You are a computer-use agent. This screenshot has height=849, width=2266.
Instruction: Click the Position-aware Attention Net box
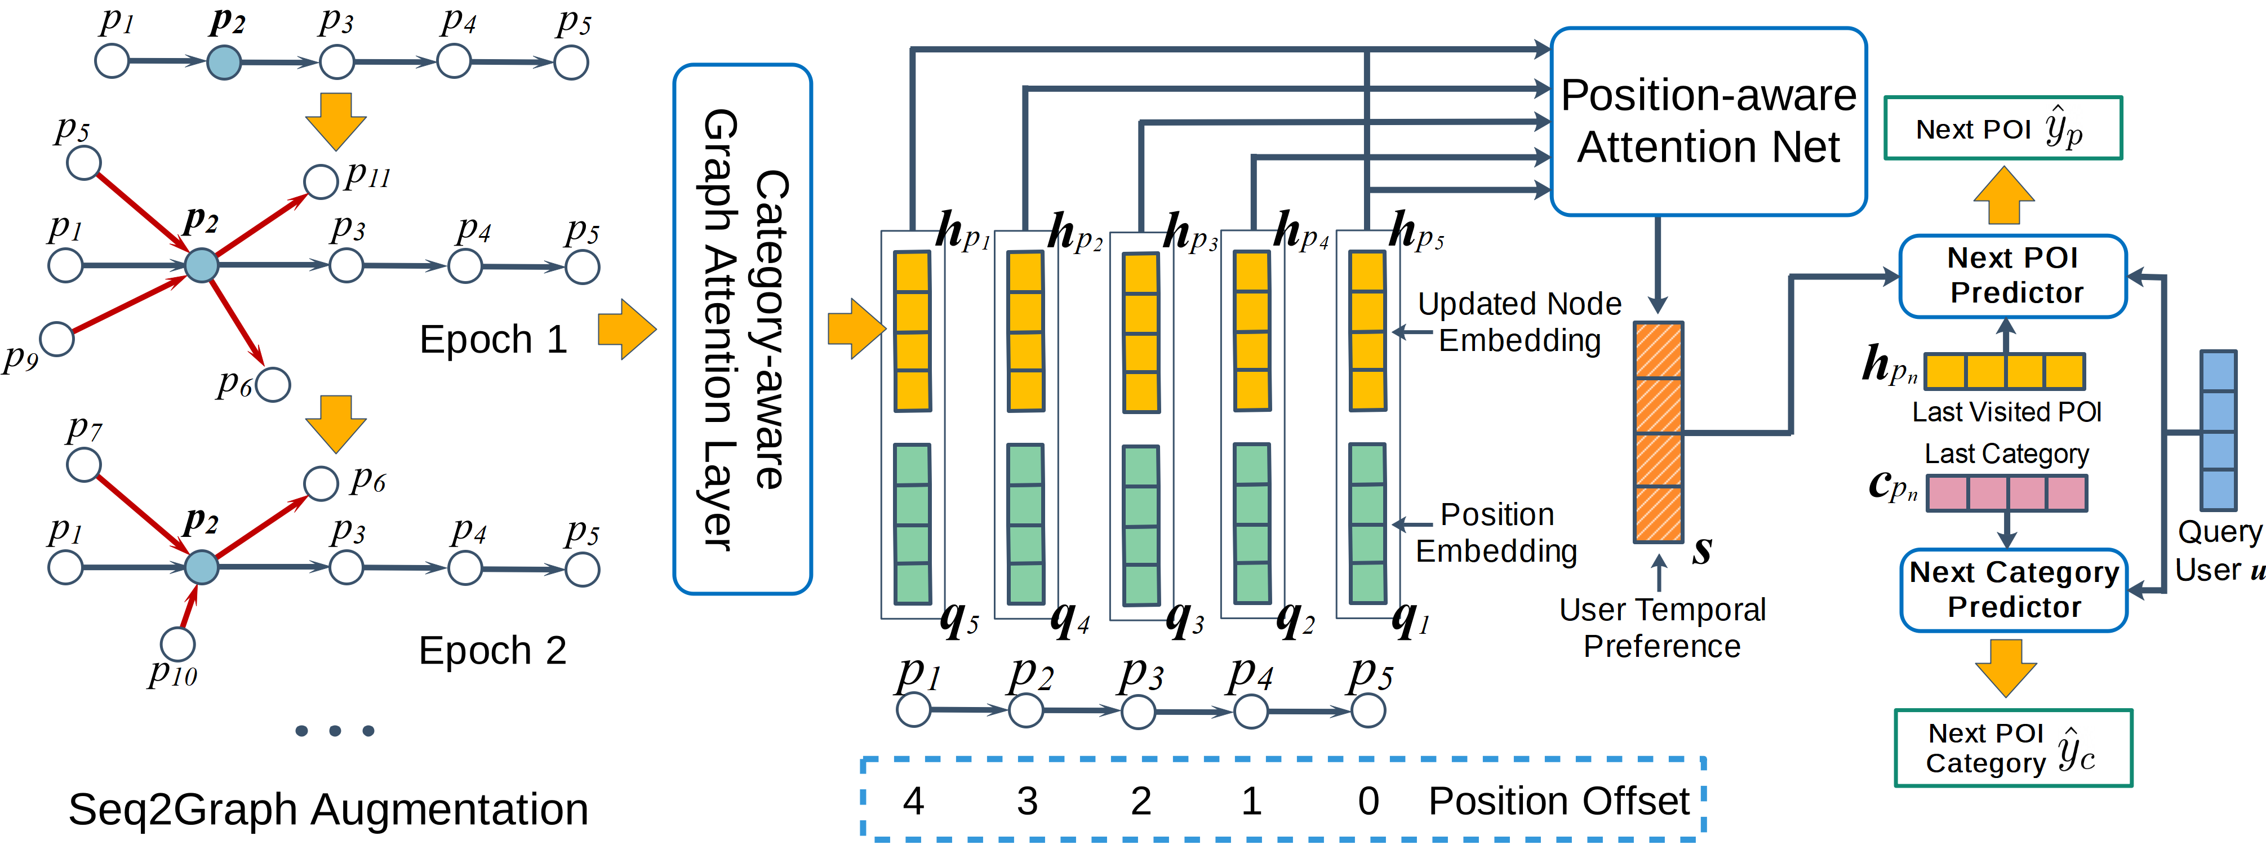tap(1708, 122)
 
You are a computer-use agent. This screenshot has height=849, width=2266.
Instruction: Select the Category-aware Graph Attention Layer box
tap(743, 329)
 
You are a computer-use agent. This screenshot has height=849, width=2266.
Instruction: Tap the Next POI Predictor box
tap(2012, 275)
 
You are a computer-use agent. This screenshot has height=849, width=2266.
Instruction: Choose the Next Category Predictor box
tap(2014, 589)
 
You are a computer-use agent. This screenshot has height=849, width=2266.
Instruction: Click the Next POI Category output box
tap(2012, 748)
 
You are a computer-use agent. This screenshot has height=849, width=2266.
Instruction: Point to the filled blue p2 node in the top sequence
tap(224, 63)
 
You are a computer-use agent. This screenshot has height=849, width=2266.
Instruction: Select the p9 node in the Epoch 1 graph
tap(57, 339)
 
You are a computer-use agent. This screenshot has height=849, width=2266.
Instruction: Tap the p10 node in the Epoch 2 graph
tap(177, 644)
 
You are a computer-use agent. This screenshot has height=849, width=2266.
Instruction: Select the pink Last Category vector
tap(2006, 493)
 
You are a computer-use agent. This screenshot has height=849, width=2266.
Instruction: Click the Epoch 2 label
tap(492, 651)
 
